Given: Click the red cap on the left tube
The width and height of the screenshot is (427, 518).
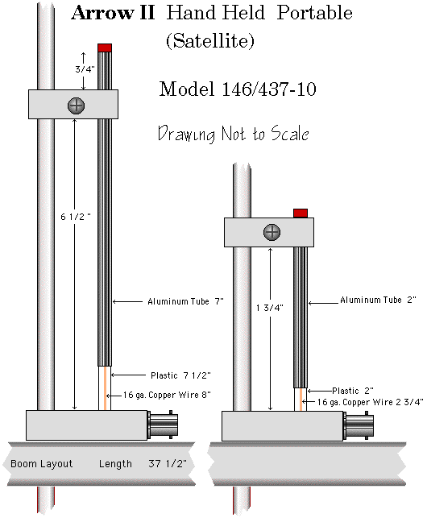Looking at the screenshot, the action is tap(105, 48).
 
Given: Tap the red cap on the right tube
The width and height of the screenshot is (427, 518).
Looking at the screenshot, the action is tap(301, 213).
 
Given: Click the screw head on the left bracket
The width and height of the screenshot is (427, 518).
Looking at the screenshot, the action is tap(76, 106).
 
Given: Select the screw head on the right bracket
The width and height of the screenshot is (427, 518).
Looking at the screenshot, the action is tap(272, 232).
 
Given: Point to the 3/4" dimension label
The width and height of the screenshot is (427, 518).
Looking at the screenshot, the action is tap(85, 69).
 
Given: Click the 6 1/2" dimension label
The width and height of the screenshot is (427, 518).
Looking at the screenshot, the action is tap(76, 217).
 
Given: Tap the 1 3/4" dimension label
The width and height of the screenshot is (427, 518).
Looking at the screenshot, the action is tap(270, 308).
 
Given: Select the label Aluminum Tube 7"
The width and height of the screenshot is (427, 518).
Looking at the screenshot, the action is tap(186, 301).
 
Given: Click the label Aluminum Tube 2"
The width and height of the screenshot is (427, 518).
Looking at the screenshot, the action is tap(378, 300).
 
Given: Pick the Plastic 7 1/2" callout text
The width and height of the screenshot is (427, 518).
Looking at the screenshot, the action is tap(180, 375).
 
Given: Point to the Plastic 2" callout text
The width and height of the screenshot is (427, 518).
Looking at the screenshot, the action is tap(353, 391).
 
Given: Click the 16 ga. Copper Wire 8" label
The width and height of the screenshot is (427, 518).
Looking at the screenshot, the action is tap(167, 395).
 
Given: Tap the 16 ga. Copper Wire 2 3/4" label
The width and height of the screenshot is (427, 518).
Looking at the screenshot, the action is tap(370, 402).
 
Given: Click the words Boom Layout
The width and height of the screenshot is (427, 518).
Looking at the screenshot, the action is tap(41, 464).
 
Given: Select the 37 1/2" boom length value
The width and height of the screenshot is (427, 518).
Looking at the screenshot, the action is tap(168, 464).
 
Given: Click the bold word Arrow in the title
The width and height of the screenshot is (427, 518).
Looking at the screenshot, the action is tap(102, 13).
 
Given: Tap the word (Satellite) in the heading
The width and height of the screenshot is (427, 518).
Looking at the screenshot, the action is tap(210, 41).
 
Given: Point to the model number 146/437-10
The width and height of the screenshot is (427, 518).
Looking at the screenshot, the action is tap(269, 89).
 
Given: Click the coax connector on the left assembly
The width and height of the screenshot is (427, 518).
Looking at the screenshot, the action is tap(163, 425).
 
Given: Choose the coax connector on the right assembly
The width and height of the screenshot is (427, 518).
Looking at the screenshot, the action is tap(359, 425).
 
